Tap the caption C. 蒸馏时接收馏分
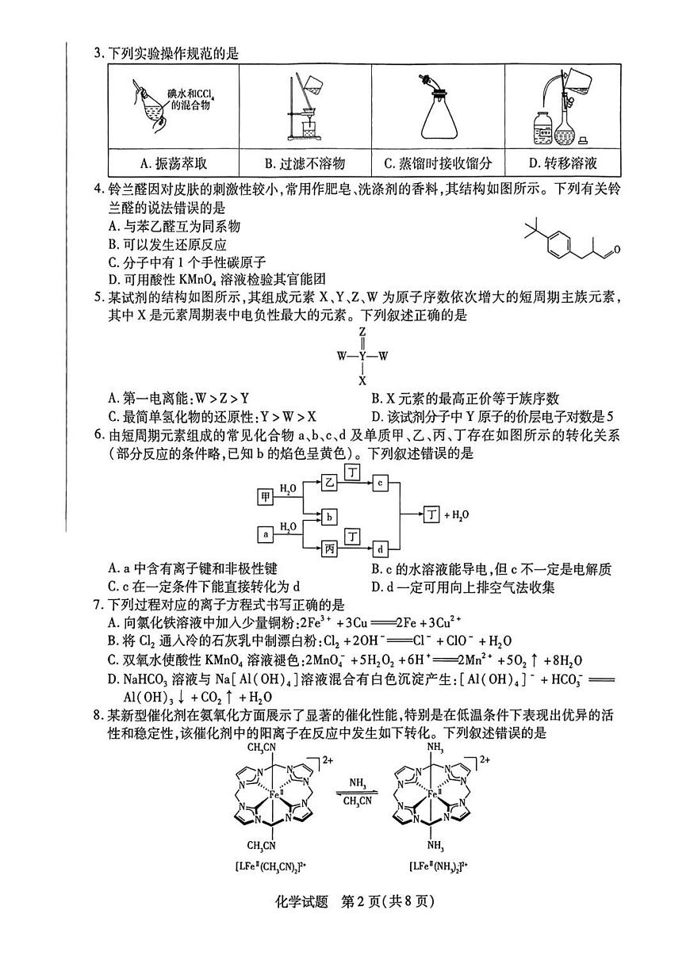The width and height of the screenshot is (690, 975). click(437, 163)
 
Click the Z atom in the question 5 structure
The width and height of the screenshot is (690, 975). click(362, 331)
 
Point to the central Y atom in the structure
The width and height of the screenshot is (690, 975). click(362, 356)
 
